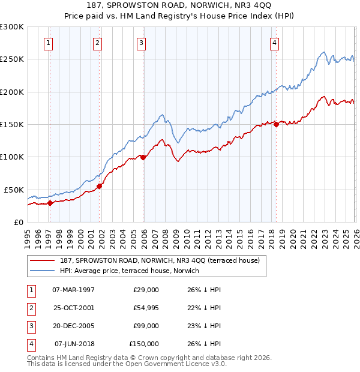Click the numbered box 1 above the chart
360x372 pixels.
tap(48, 43)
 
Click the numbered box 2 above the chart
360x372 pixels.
tap(97, 43)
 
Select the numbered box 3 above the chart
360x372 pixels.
tap(141, 43)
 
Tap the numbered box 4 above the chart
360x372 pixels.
tap(274, 43)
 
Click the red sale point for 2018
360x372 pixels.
tap(276, 124)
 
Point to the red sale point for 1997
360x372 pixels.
tap(50, 203)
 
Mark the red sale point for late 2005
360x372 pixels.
tap(143, 157)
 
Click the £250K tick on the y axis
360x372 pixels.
tap(12, 59)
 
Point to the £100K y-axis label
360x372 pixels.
tap(12, 157)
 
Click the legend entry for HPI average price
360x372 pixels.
tap(130, 271)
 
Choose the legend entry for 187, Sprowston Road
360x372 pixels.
tap(159, 260)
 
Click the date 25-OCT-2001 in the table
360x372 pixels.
tap(74, 307)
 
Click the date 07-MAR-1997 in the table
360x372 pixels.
tap(74, 289)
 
